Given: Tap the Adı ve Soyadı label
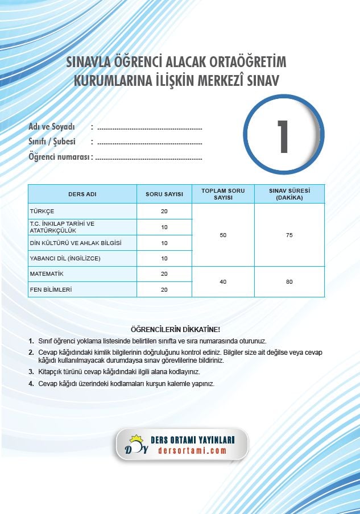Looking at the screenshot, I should (52, 127).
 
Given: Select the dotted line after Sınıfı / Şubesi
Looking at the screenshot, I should (150, 142).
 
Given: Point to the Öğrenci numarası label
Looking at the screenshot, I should (60, 157).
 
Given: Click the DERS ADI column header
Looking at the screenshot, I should (82, 194).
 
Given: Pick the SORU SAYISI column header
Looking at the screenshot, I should (164, 194).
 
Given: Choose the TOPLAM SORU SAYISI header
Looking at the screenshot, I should (223, 194).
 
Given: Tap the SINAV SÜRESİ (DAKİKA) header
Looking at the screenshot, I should (289, 194).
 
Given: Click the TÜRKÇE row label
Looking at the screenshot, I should (42, 212).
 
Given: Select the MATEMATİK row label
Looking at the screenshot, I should (47, 274).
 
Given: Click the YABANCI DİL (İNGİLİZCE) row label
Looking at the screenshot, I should (65, 259).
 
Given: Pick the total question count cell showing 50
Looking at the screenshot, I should (223, 235).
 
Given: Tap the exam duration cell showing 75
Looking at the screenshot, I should (289, 235).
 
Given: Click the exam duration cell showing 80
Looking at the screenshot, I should (289, 281).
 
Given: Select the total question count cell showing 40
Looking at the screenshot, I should (223, 281).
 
